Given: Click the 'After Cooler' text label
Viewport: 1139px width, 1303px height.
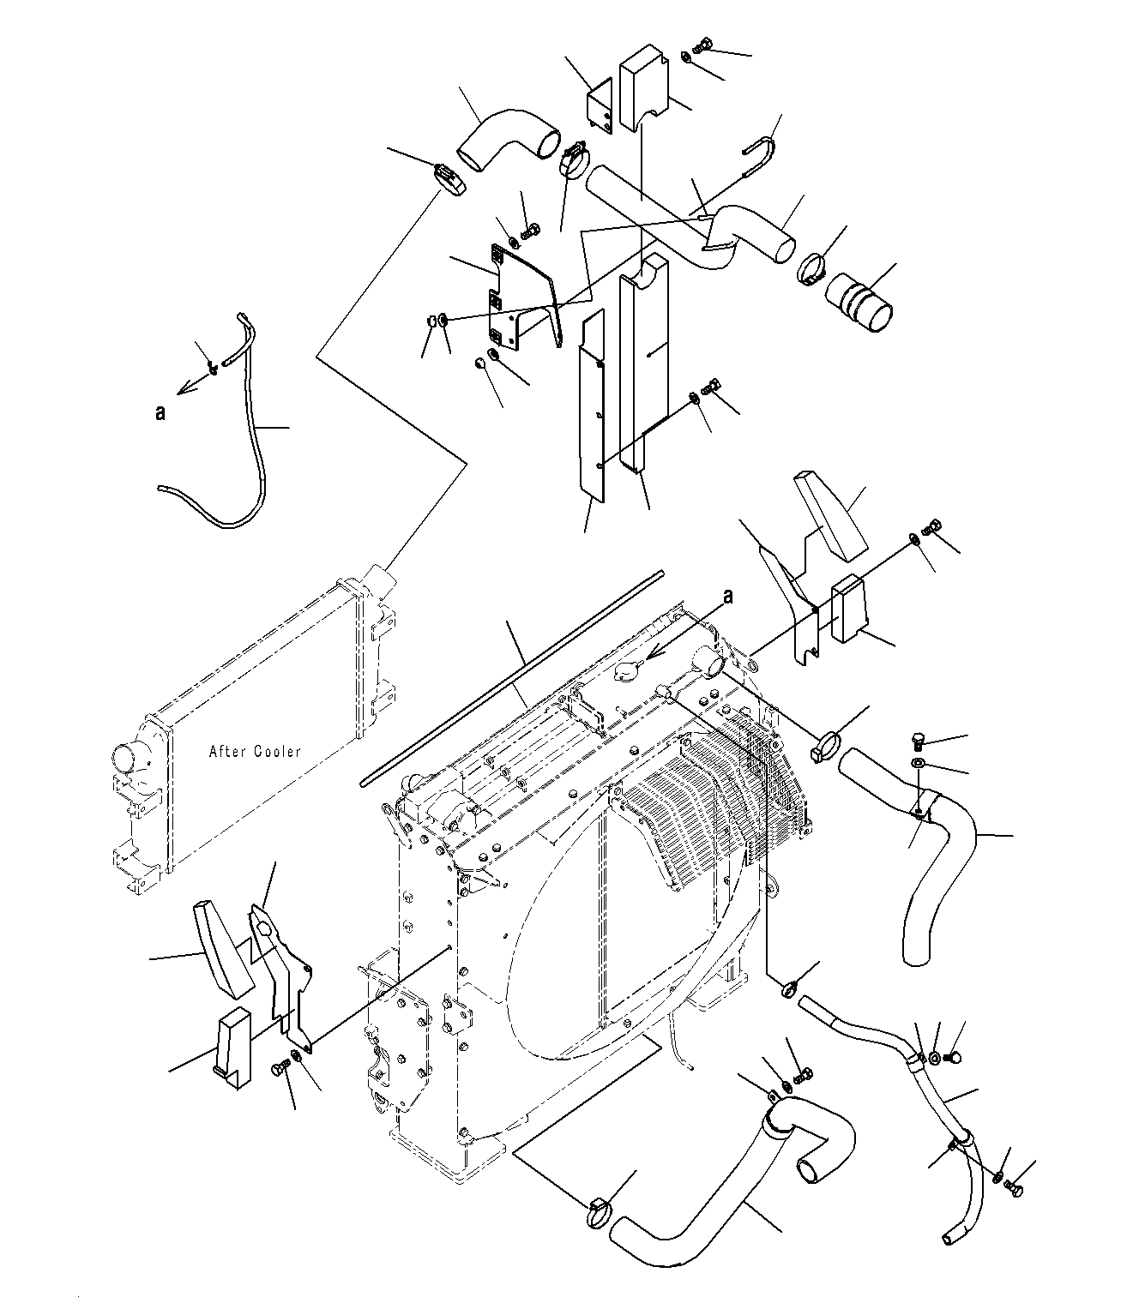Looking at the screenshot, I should [255, 751].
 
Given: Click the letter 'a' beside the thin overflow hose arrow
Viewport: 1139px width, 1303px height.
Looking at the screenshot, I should [160, 413].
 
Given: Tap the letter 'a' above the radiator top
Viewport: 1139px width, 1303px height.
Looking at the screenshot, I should [728, 597].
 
